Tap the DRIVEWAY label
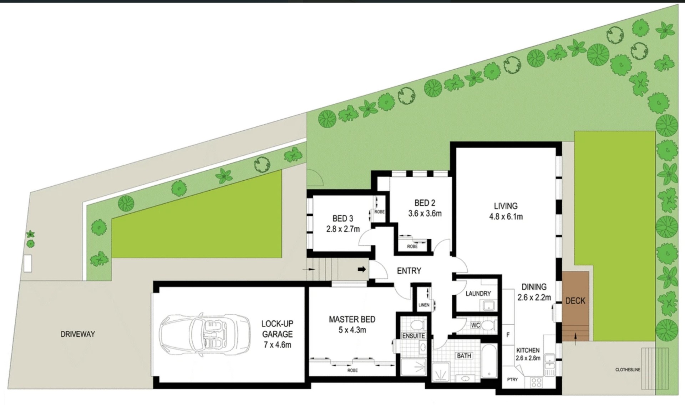78,334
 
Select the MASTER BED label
352,319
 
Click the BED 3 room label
343,218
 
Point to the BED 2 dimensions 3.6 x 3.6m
425,214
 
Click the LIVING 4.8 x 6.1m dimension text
506,216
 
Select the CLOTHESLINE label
628,370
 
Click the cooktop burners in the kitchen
537,382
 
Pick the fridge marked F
508,335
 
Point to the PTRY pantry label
512,379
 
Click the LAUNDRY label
478,294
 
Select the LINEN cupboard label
424,305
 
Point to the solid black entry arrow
362,269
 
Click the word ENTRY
409,271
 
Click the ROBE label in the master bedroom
352,371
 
